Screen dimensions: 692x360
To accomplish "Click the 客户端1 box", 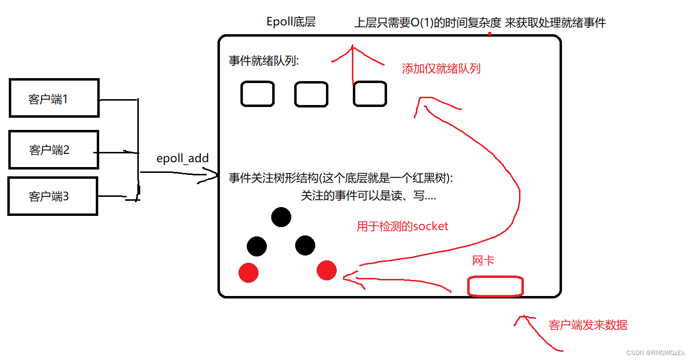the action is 54,98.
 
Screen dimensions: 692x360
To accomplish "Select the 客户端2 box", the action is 54,149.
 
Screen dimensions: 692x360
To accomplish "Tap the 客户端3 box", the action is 53,196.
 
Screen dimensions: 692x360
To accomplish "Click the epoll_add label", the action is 182,158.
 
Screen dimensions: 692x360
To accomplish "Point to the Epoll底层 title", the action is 291,22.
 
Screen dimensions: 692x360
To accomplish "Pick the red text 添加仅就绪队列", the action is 441,68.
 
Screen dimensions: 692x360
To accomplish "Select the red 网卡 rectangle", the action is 496,286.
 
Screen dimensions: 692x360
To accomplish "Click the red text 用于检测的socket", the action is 402,226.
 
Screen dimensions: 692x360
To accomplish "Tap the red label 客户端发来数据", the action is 588,325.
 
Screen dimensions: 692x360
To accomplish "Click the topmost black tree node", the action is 281,217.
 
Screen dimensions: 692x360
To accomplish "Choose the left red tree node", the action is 248,273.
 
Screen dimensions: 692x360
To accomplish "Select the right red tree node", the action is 326,270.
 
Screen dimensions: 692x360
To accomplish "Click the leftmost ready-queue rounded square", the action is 257,94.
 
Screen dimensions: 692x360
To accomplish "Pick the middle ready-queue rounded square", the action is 311,94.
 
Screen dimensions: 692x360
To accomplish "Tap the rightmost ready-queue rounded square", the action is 370,94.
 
